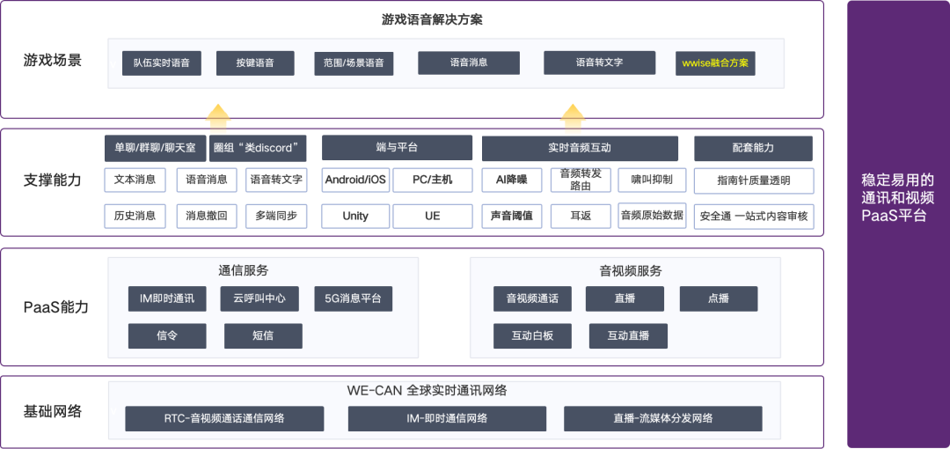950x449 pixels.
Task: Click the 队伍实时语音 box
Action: [x=162, y=63]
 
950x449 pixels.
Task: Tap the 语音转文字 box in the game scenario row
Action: [x=599, y=63]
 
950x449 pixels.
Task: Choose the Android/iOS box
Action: [x=354, y=180]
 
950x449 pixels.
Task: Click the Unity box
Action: [x=354, y=216]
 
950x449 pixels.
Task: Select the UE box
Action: [x=432, y=216]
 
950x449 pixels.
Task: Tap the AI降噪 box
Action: [x=511, y=180]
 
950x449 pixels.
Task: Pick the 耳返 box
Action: [x=580, y=216]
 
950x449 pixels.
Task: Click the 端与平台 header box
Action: [x=397, y=148]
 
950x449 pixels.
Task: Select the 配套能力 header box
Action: [x=753, y=148]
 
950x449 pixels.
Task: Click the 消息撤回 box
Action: [x=207, y=216]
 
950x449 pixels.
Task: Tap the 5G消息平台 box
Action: [x=353, y=298]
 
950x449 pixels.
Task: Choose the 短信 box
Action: [x=263, y=335]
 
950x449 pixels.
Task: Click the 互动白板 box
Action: [x=532, y=335]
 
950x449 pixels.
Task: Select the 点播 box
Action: [x=718, y=298]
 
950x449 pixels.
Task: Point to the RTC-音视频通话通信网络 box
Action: [x=224, y=418]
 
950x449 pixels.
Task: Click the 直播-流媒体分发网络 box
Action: [x=662, y=418]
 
